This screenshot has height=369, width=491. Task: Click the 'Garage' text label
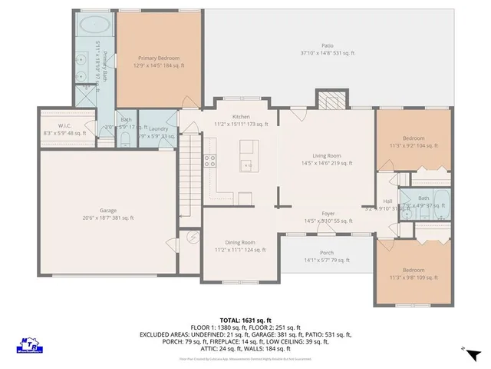click(107, 210)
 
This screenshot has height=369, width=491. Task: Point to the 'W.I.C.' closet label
click(64, 125)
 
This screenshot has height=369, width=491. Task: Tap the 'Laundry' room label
click(159, 129)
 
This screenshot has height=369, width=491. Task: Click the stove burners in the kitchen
click(209, 161)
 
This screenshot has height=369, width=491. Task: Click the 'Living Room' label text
click(327, 155)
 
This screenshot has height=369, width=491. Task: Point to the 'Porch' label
click(327, 253)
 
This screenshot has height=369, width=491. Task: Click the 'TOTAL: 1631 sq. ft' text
click(245, 319)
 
